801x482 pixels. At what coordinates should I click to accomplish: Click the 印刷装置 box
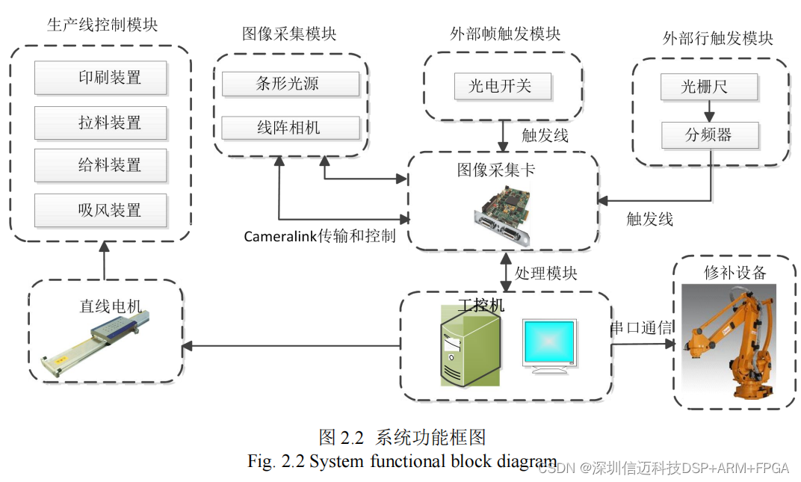[x=100, y=78]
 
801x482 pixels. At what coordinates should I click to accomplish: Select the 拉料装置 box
[x=100, y=123]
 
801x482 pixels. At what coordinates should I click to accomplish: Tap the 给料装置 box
[x=100, y=166]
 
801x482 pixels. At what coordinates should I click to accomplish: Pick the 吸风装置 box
[x=100, y=210]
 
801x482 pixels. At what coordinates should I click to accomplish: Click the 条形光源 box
[x=290, y=84]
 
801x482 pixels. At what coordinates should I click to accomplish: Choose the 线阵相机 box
[x=290, y=128]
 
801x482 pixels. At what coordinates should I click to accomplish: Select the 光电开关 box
[x=503, y=86]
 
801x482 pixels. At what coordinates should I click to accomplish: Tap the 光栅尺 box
[x=709, y=87]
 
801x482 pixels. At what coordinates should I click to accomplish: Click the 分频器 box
[x=709, y=135]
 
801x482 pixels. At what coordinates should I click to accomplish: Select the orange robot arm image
[x=734, y=342]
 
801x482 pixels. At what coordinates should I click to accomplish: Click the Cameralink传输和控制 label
[x=320, y=236]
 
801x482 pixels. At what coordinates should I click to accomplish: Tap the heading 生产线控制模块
[x=102, y=25]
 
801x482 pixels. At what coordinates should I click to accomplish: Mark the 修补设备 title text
[x=735, y=272]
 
